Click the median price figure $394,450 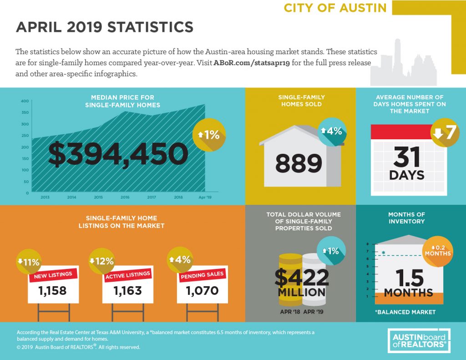[118, 154]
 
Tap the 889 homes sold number [299, 163]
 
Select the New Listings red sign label [53, 275]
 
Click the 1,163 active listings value [128, 291]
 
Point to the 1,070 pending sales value [203, 290]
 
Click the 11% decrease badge [29, 262]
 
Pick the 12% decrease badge [101, 261]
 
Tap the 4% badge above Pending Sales [180, 259]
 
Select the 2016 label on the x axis [125, 197]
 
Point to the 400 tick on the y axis [25, 101]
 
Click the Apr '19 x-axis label [205, 197]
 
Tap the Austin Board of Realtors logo [419, 341]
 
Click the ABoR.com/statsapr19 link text [251, 63]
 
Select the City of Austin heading [335, 8]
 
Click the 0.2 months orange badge [438, 251]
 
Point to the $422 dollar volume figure [302, 277]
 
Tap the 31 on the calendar [406, 157]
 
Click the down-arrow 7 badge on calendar [445, 132]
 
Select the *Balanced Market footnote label [405, 312]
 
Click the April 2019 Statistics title [105, 27]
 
